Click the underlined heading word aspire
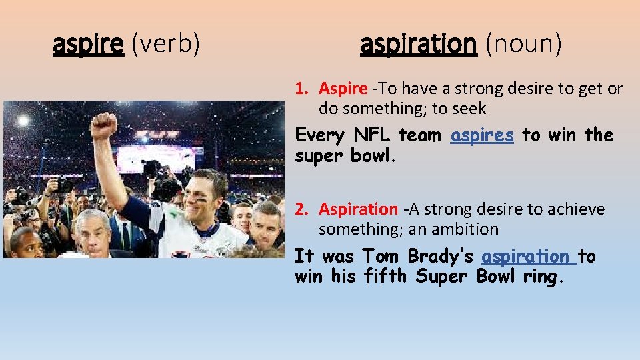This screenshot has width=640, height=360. pos(88,45)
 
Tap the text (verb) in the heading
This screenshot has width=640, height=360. pos(165,45)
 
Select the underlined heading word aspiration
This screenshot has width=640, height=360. pos(419,45)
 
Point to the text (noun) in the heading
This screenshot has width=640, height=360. pos(523,45)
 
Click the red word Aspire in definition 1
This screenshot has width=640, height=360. pos(343,88)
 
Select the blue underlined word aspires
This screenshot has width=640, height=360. pos(482,135)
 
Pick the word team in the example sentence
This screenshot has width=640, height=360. pos(419,135)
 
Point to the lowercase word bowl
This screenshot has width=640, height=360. pos(371,156)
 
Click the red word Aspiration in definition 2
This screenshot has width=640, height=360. pos(357,209)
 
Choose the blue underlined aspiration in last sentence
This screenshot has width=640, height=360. pos(525,257)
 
